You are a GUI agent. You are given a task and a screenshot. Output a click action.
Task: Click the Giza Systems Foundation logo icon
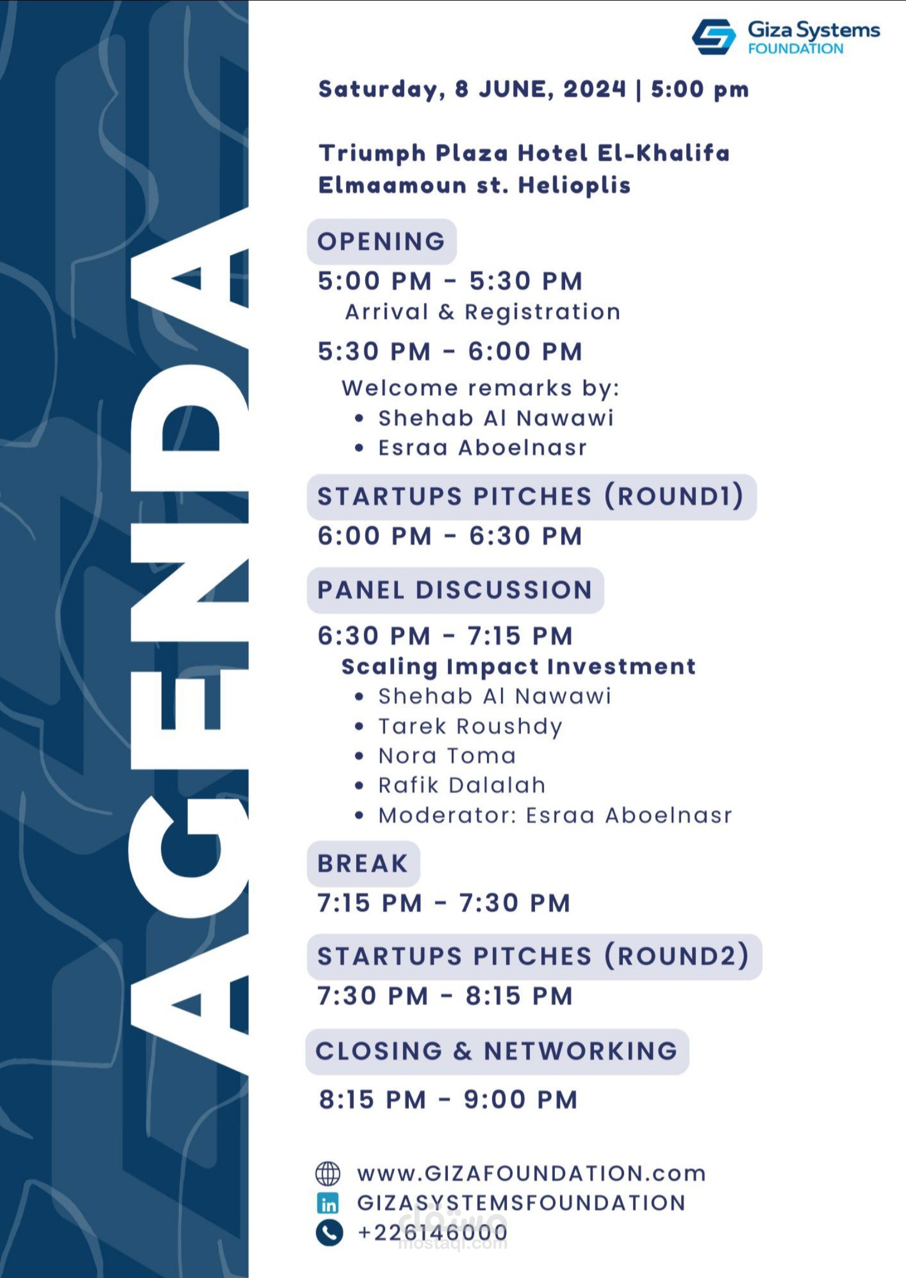point(714,37)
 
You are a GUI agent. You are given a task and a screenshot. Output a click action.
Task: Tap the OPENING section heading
point(381,242)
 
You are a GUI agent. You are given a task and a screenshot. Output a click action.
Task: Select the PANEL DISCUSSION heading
point(455,590)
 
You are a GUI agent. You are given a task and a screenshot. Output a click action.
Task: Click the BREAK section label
point(363,864)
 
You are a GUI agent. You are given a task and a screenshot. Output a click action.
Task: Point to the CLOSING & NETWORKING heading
point(497,1051)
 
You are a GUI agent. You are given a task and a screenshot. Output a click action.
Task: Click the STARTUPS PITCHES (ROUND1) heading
point(531,496)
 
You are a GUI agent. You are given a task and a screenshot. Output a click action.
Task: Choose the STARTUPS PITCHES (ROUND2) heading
point(534,957)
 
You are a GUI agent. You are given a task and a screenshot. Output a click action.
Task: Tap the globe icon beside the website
point(328,1173)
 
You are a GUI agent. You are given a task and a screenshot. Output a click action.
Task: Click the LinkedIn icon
point(328,1203)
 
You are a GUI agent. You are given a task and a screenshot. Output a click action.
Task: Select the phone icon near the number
point(329,1232)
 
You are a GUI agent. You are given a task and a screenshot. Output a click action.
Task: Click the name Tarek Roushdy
point(471,726)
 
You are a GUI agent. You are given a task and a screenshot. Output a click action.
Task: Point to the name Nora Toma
point(447,756)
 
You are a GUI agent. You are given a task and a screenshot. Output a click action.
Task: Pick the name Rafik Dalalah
point(462,786)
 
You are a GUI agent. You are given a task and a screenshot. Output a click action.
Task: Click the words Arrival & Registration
point(483,312)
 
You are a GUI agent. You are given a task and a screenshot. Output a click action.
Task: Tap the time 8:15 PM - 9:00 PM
point(448,1100)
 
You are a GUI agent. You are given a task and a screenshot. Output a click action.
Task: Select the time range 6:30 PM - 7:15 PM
point(445,636)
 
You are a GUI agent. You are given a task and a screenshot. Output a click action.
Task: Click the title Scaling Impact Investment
point(519,667)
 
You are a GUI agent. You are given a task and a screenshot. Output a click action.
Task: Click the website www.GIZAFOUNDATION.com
point(532,1174)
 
